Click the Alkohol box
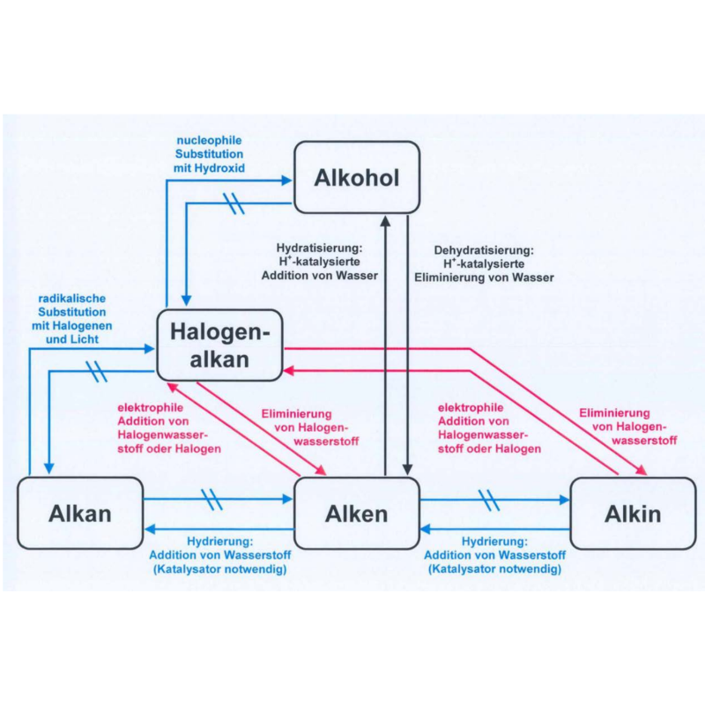coord(357,177)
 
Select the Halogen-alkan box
coord(219,345)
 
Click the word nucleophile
coord(209,140)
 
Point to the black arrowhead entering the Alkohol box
coord(384,220)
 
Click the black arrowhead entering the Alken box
coord(407,470)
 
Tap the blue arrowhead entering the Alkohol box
coord(286,180)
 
